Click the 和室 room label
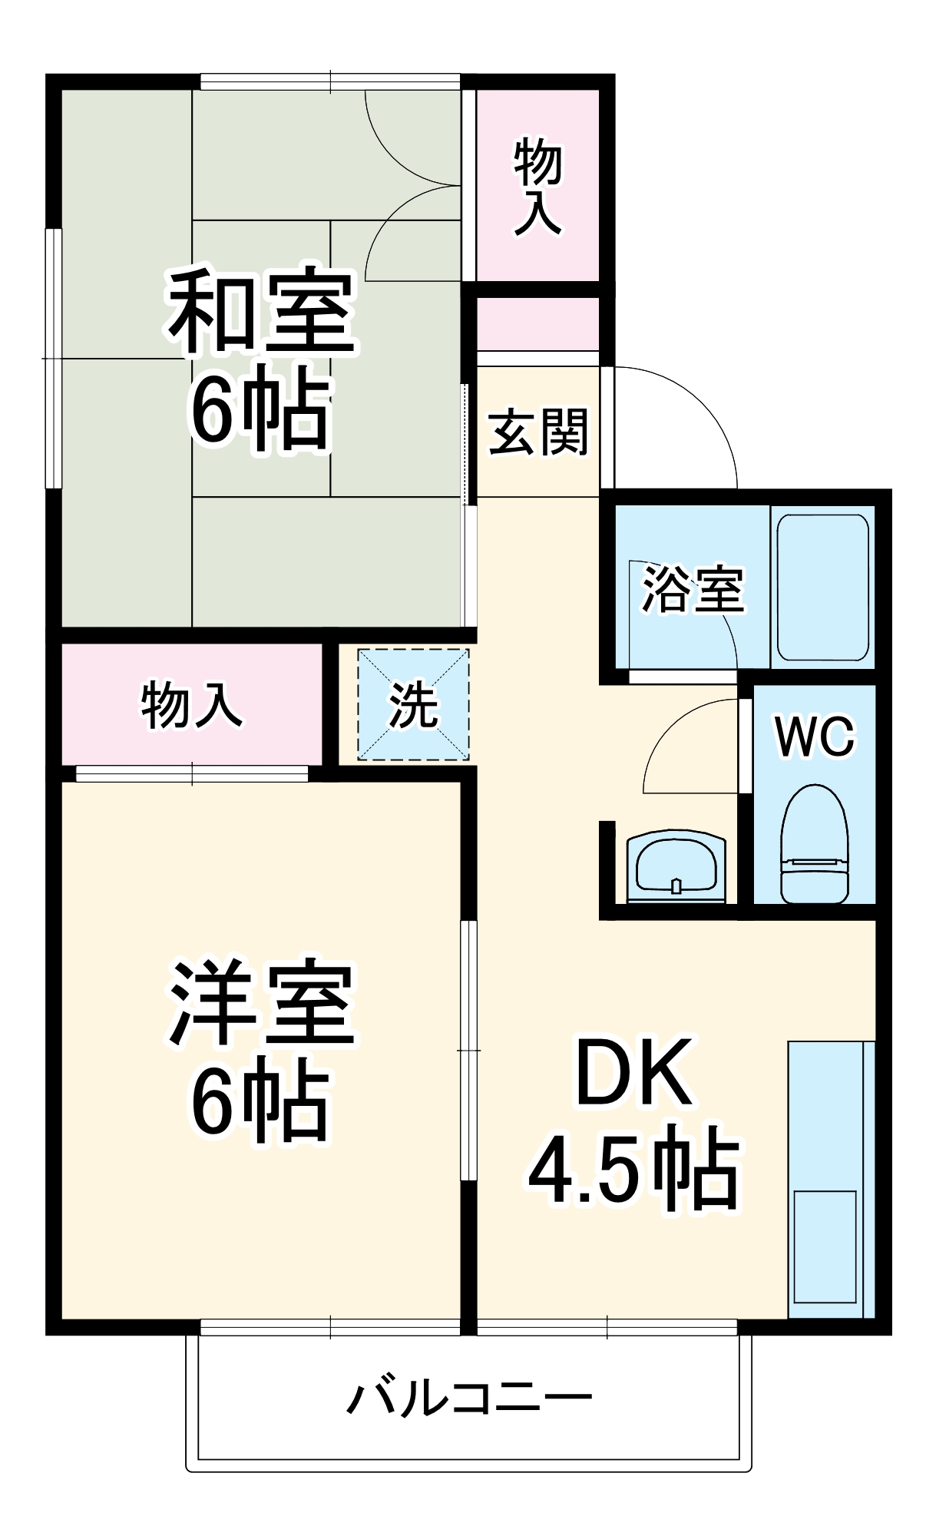pos(261,311)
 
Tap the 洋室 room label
pos(261,1002)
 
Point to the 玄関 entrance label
pos(538,432)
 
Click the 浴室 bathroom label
pos(693,591)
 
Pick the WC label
pos(815,737)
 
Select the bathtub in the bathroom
pos(822,588)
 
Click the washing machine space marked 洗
pos(413,705)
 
